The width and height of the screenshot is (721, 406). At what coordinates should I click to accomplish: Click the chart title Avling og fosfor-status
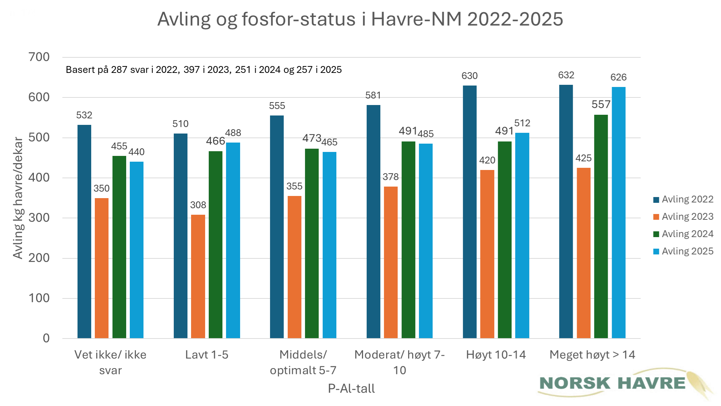click(360, 19)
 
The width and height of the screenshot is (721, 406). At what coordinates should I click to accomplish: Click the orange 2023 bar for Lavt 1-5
click(198, 276)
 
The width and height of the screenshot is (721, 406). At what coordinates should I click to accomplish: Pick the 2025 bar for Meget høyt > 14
click(618, 213)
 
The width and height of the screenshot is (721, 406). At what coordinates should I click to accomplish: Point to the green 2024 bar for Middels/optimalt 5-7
click(312, 243)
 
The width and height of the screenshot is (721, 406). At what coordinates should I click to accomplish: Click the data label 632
click(566, 75)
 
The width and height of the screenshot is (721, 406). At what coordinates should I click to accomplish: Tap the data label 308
click(198, 205)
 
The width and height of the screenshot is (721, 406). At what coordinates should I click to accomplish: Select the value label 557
click(601, 105)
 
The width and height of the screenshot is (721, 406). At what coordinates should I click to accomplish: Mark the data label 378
click(390, 177)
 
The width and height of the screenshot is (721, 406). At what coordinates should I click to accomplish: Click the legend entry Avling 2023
click(684, 217)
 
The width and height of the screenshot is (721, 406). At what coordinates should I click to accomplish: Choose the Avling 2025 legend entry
click(684, 251)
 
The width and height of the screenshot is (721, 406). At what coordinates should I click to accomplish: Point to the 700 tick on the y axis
click(39, 57)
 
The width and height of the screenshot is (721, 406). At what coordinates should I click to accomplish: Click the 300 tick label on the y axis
click(39, 218)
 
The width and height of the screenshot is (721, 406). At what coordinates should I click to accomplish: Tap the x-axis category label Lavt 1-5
click(207, 355)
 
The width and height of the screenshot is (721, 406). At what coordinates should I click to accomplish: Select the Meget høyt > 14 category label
click(592, 355)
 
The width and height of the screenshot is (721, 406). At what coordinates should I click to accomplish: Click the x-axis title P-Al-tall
click(351, 389)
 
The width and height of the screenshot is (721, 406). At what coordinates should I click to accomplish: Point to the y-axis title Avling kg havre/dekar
click(18, 198)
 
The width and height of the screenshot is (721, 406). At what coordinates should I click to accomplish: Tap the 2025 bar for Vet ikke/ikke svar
click(137, 250)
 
